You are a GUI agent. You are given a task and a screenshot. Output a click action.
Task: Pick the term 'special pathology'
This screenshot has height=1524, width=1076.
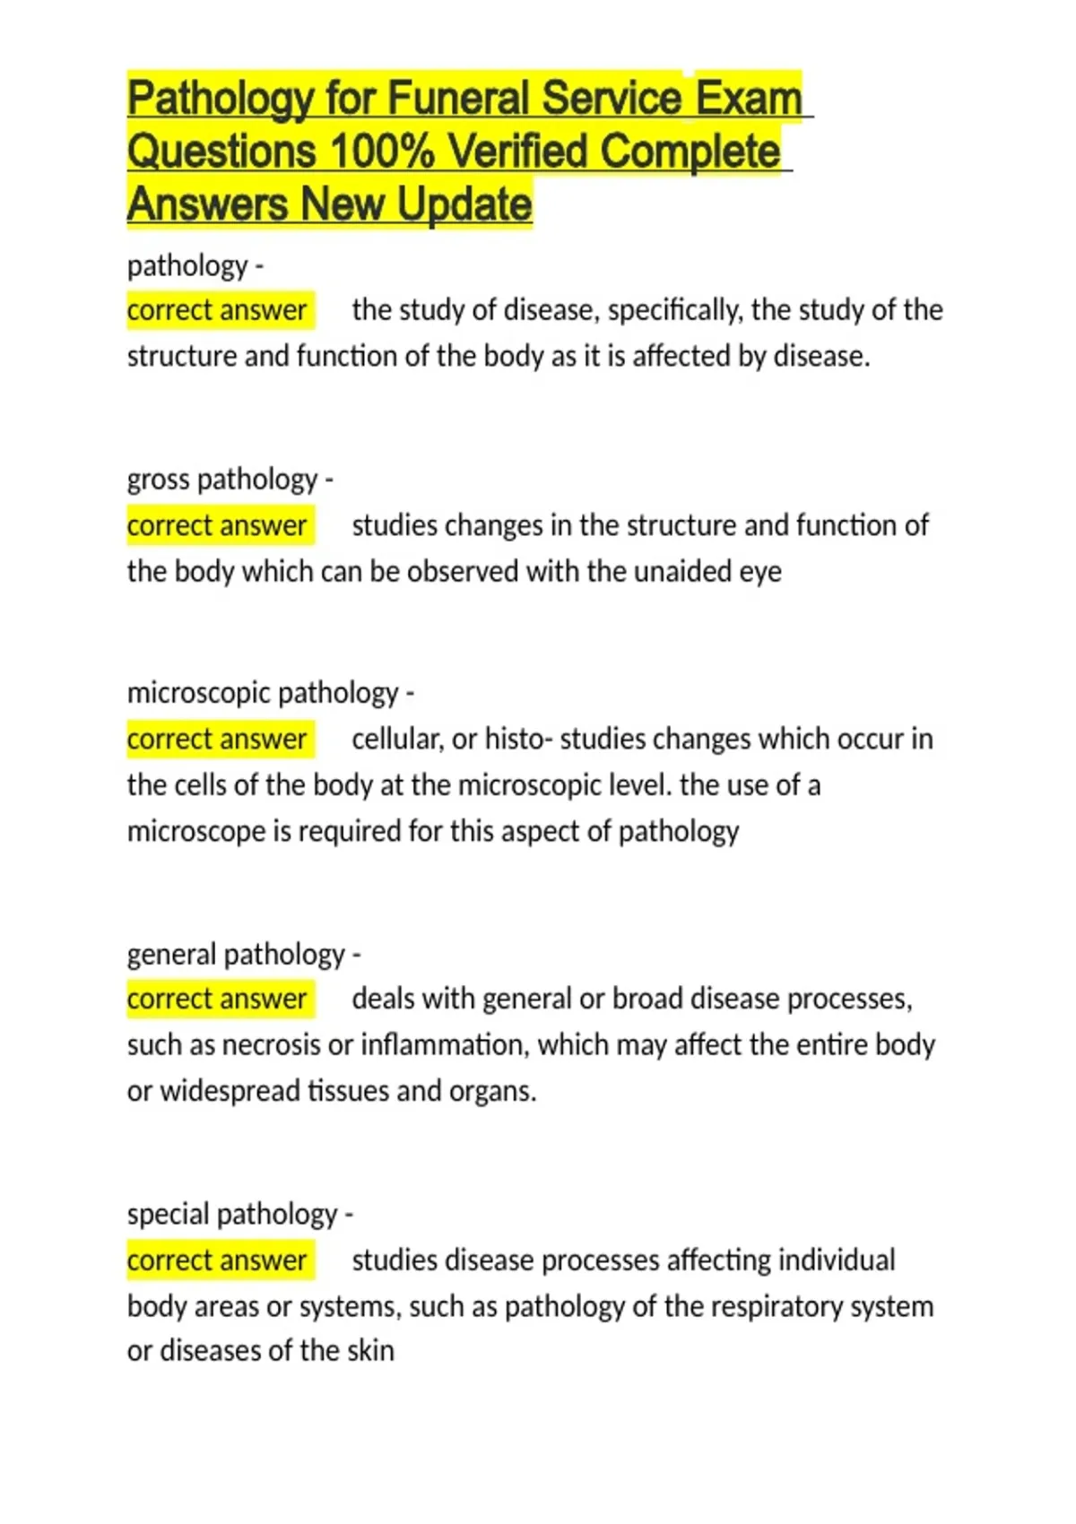tap(232, 1214)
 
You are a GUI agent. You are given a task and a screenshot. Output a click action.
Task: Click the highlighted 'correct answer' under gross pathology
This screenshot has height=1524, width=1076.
tap(218, 525)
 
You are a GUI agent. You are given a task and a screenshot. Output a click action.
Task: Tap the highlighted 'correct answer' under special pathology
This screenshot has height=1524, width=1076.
tap(218, 1260)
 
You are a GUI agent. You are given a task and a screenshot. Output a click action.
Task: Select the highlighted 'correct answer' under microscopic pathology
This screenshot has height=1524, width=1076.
tap(218, 739)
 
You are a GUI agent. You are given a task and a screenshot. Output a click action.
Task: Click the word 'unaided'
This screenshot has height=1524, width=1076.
tap(683, 571)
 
